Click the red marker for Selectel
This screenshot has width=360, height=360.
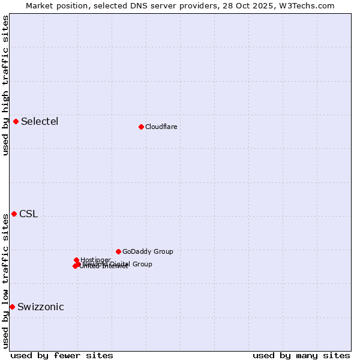click(16, 122)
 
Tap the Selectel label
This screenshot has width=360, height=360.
click(40, 122)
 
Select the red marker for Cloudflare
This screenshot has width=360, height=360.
click(141, 127)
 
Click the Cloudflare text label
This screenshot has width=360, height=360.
click(161, 127)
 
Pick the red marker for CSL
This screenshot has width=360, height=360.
click(14, 214)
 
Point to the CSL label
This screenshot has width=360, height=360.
click(28, 214)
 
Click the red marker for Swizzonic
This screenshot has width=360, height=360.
click(12, 307)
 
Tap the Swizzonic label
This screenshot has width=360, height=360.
click(40, 307)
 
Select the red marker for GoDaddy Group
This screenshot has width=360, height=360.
click(118, 252)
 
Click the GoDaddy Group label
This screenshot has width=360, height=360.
click(148, 252)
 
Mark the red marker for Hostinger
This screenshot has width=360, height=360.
click(77, 260)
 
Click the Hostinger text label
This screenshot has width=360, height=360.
click(95, 260)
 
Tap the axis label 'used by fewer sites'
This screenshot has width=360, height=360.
click(62, 356)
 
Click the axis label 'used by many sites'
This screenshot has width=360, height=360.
click(301, 356)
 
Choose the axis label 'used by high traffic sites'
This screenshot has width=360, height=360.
click(5, 85)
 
